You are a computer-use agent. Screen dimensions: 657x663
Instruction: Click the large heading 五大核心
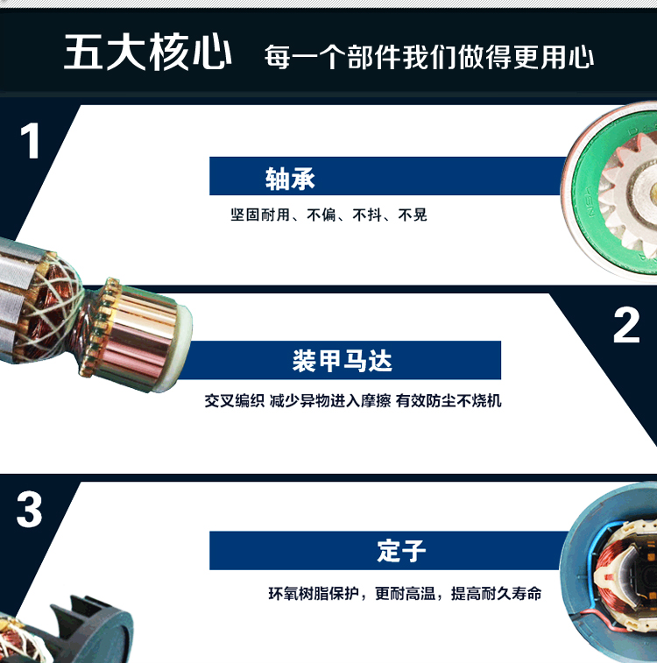coord(147,52)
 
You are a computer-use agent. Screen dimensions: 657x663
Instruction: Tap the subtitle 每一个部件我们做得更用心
coord(429,57)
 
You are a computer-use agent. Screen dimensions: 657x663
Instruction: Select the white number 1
coord(30,141)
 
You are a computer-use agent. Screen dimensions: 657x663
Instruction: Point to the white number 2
coord(626,325)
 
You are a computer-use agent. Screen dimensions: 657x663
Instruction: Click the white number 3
coord(29,510)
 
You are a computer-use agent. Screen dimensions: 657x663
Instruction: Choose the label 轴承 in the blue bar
coord(290,179)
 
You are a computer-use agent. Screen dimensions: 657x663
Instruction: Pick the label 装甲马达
coord(343,361)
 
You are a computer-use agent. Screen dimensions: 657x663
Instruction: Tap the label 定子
coord(401,551)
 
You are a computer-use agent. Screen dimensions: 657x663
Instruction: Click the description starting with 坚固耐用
coord(328,215)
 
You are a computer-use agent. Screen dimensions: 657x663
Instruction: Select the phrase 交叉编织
coord(235,400)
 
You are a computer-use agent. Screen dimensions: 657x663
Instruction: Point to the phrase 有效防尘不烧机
coord(449,400)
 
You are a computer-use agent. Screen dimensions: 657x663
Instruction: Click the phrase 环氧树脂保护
coord(314,594)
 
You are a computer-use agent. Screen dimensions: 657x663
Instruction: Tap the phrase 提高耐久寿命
coord(496,594)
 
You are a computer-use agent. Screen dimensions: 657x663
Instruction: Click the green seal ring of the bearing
coord(583,199)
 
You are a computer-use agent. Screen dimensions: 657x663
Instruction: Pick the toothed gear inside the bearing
coord(630,193)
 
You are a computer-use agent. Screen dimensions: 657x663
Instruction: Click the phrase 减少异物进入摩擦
coord(330,400)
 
